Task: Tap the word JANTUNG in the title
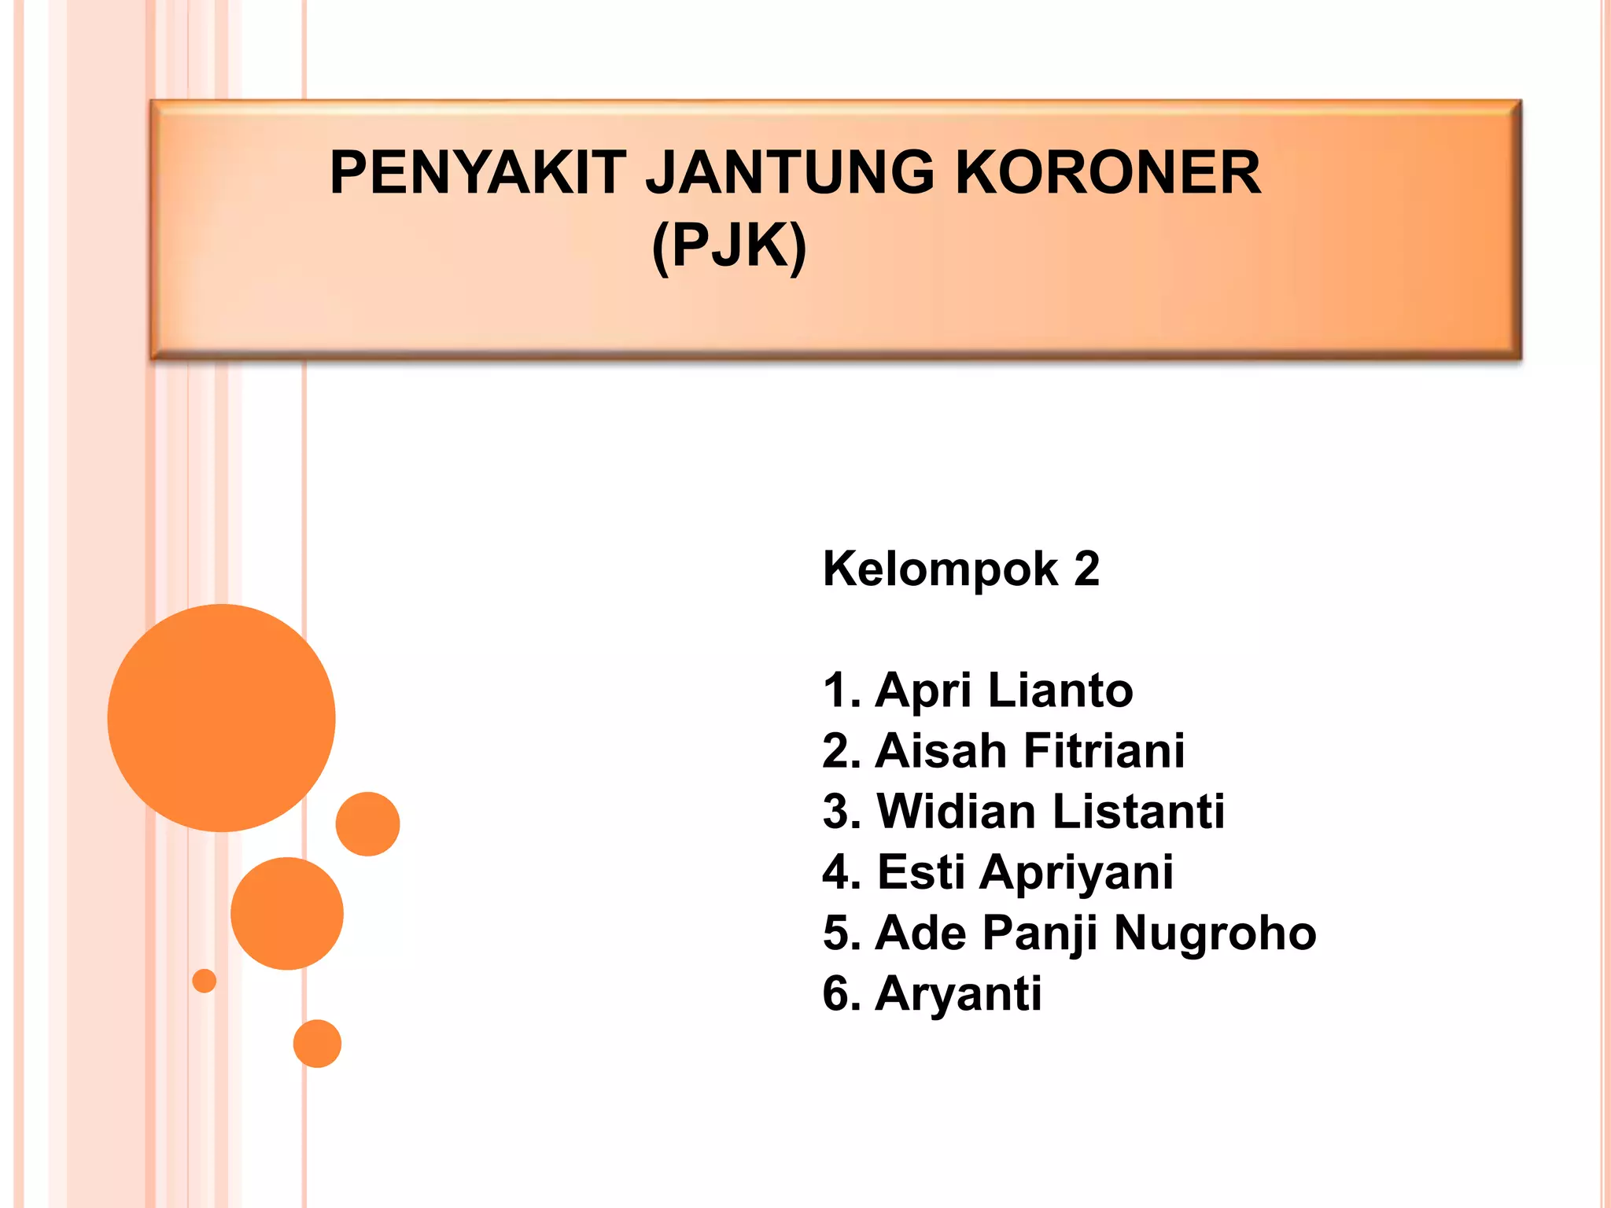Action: click(x=790, y=173)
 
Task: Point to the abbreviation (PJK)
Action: click(x=729, y=246)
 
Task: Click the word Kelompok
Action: click(x=940, y=569)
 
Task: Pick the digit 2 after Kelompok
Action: click(x=1086, y=569)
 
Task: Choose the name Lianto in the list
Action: click(x=1060, y=691)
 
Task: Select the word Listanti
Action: click(x=1138, y=812)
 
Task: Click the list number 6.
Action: click(x=837, y=994)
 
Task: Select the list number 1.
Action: click(x=837, y=691)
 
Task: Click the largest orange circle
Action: click(x=221, y=717)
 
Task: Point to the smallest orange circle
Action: click(x=205, y=981)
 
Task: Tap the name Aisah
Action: click(x=940, y=751)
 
